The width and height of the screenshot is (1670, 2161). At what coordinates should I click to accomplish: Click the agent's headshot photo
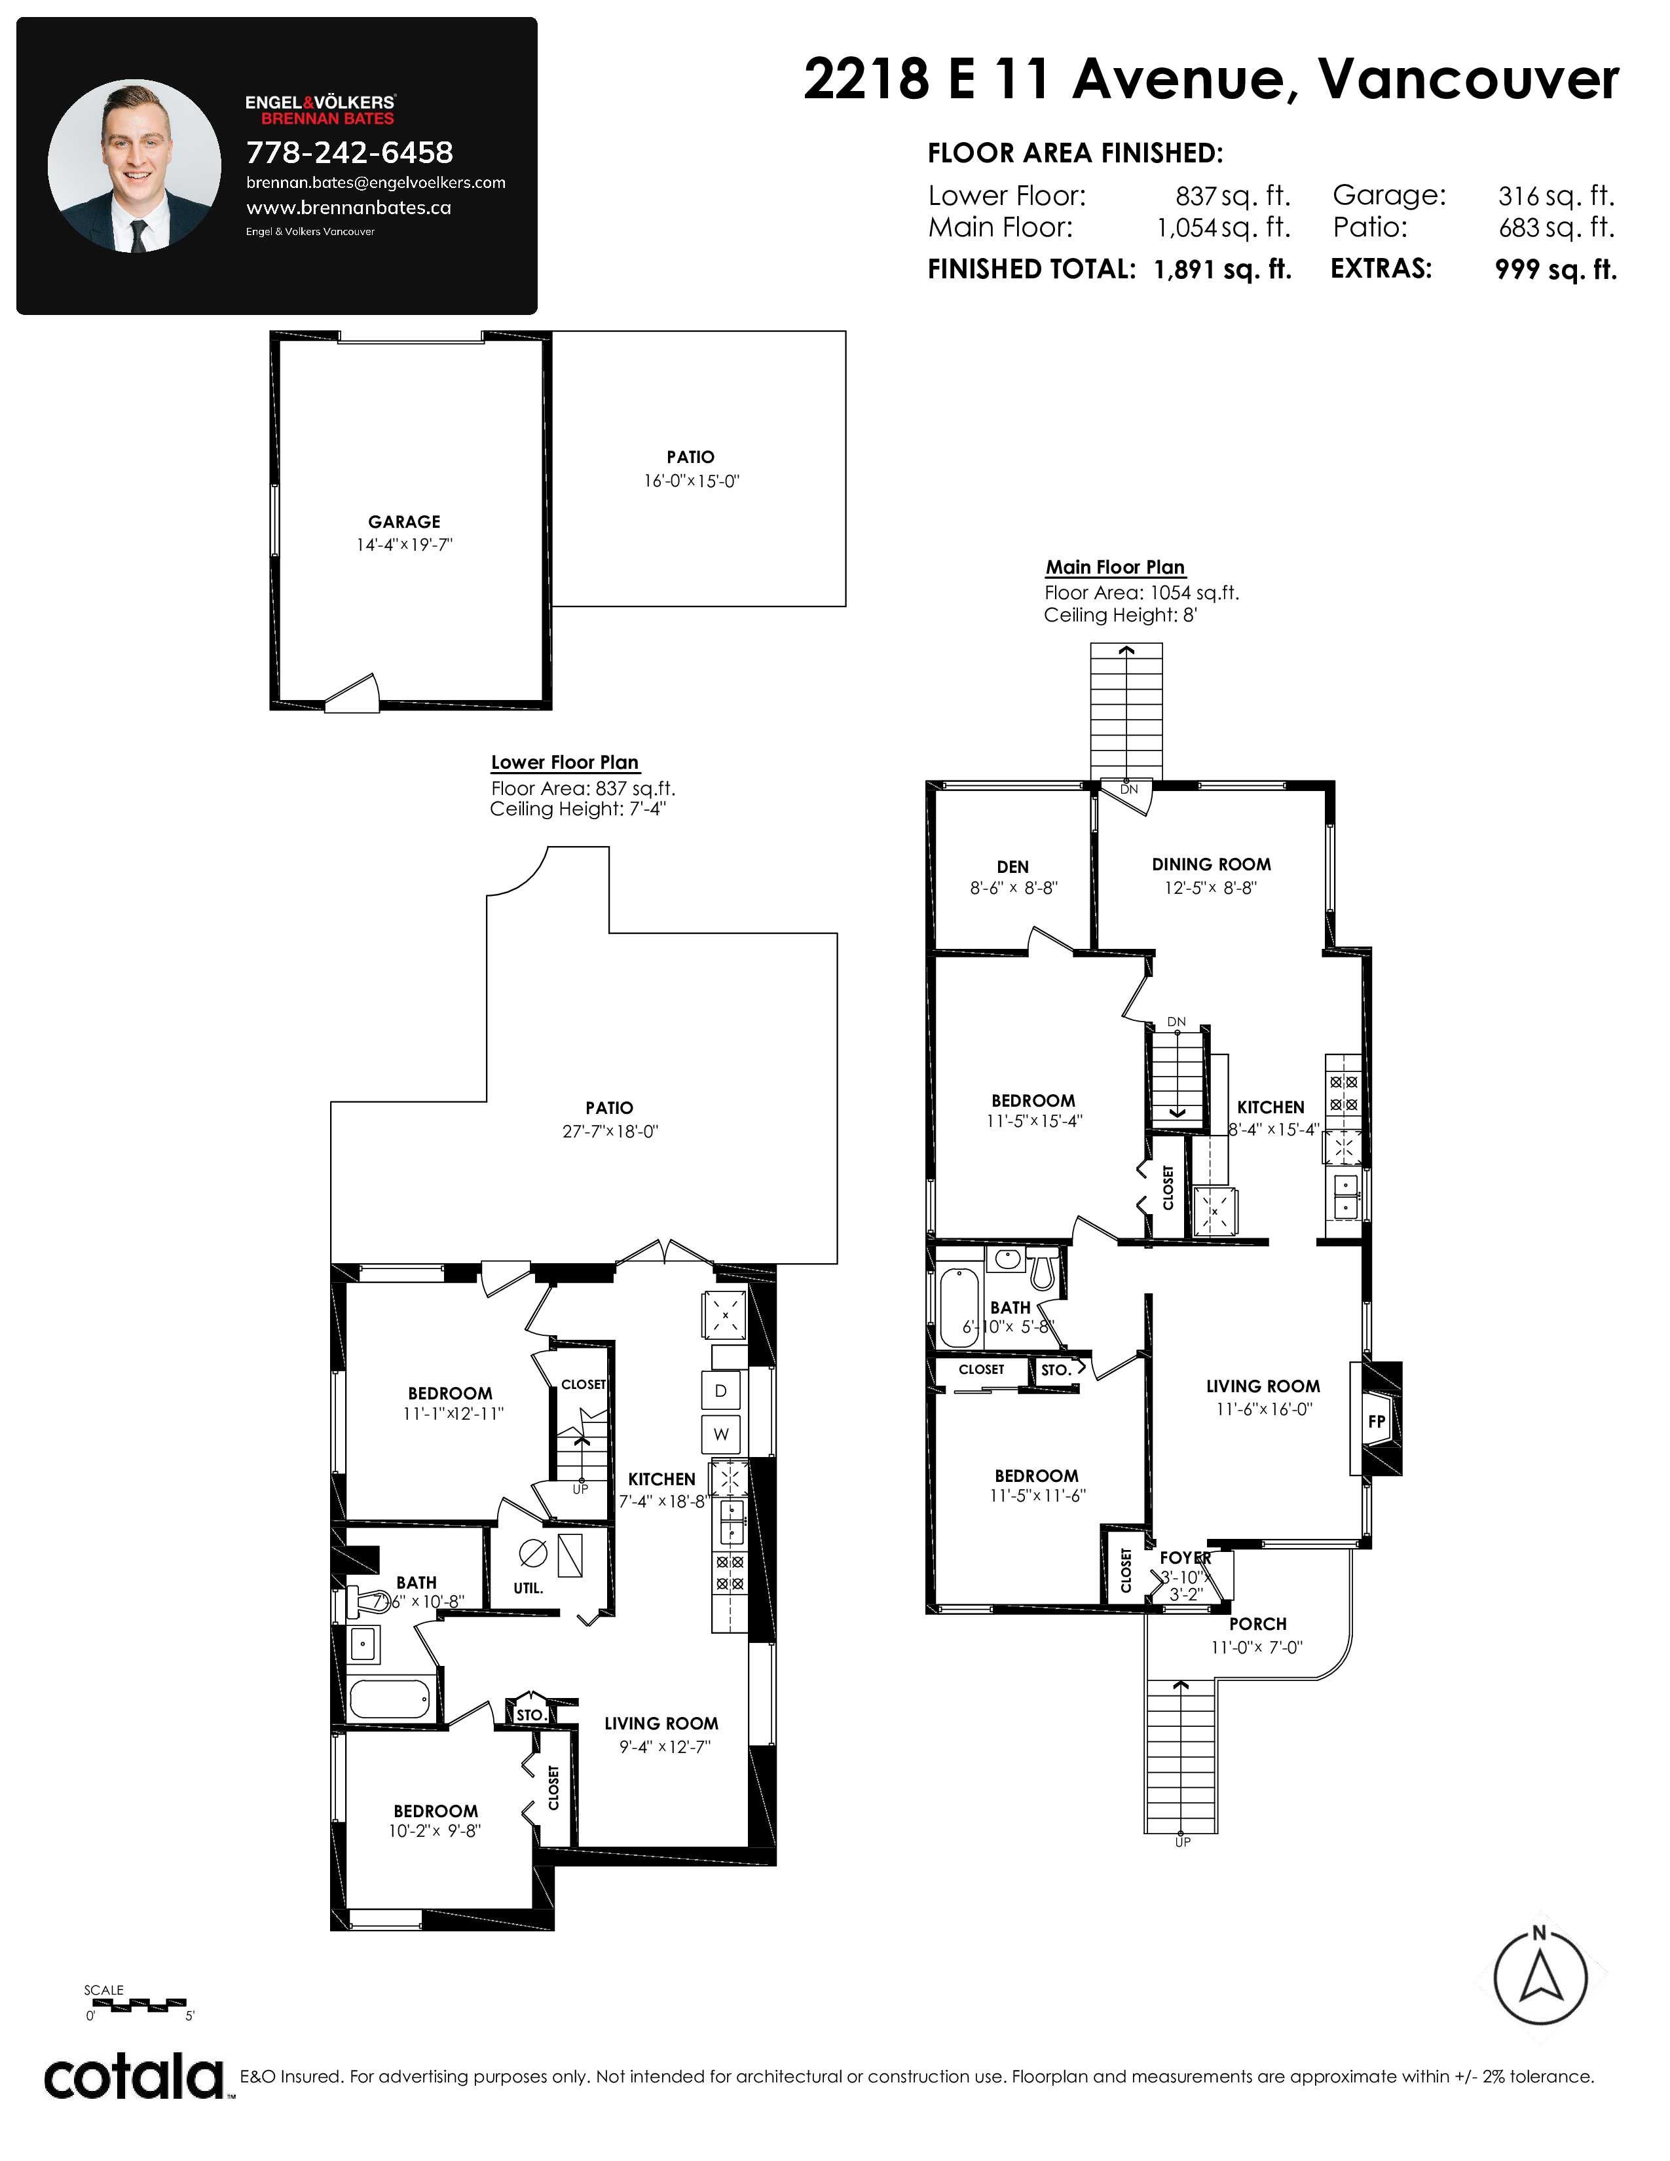[134, 166]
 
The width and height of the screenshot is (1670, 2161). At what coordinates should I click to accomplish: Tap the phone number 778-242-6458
[349, 153]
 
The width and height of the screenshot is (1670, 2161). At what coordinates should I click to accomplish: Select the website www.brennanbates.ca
[348, 208]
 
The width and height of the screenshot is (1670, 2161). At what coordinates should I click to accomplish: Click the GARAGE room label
[405, 521]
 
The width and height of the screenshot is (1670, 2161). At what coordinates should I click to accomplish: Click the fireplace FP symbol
[1376, 1422]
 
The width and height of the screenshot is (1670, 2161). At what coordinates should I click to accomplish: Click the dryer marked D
[720, 1391]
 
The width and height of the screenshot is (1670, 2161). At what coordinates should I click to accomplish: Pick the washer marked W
[720, 1433]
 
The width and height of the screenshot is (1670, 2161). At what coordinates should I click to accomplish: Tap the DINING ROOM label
[1211, 864]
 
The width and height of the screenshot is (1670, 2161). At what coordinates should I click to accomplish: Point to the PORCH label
[1257, 1624]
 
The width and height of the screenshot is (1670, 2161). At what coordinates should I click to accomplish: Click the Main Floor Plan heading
[1115, 567]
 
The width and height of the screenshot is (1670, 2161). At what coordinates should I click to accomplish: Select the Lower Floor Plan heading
[565, 762]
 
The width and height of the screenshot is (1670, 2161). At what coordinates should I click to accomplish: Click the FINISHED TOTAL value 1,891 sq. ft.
[1223, 269]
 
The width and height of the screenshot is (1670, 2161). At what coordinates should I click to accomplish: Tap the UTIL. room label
[529, 1588]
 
